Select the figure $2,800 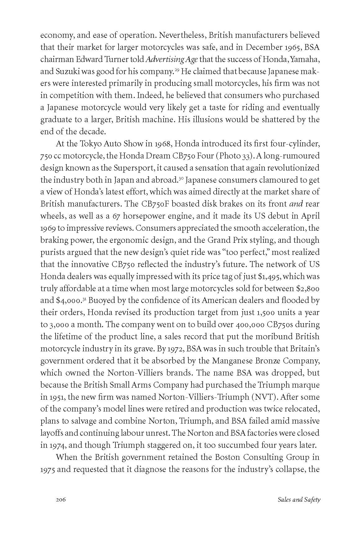click(306, 288)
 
